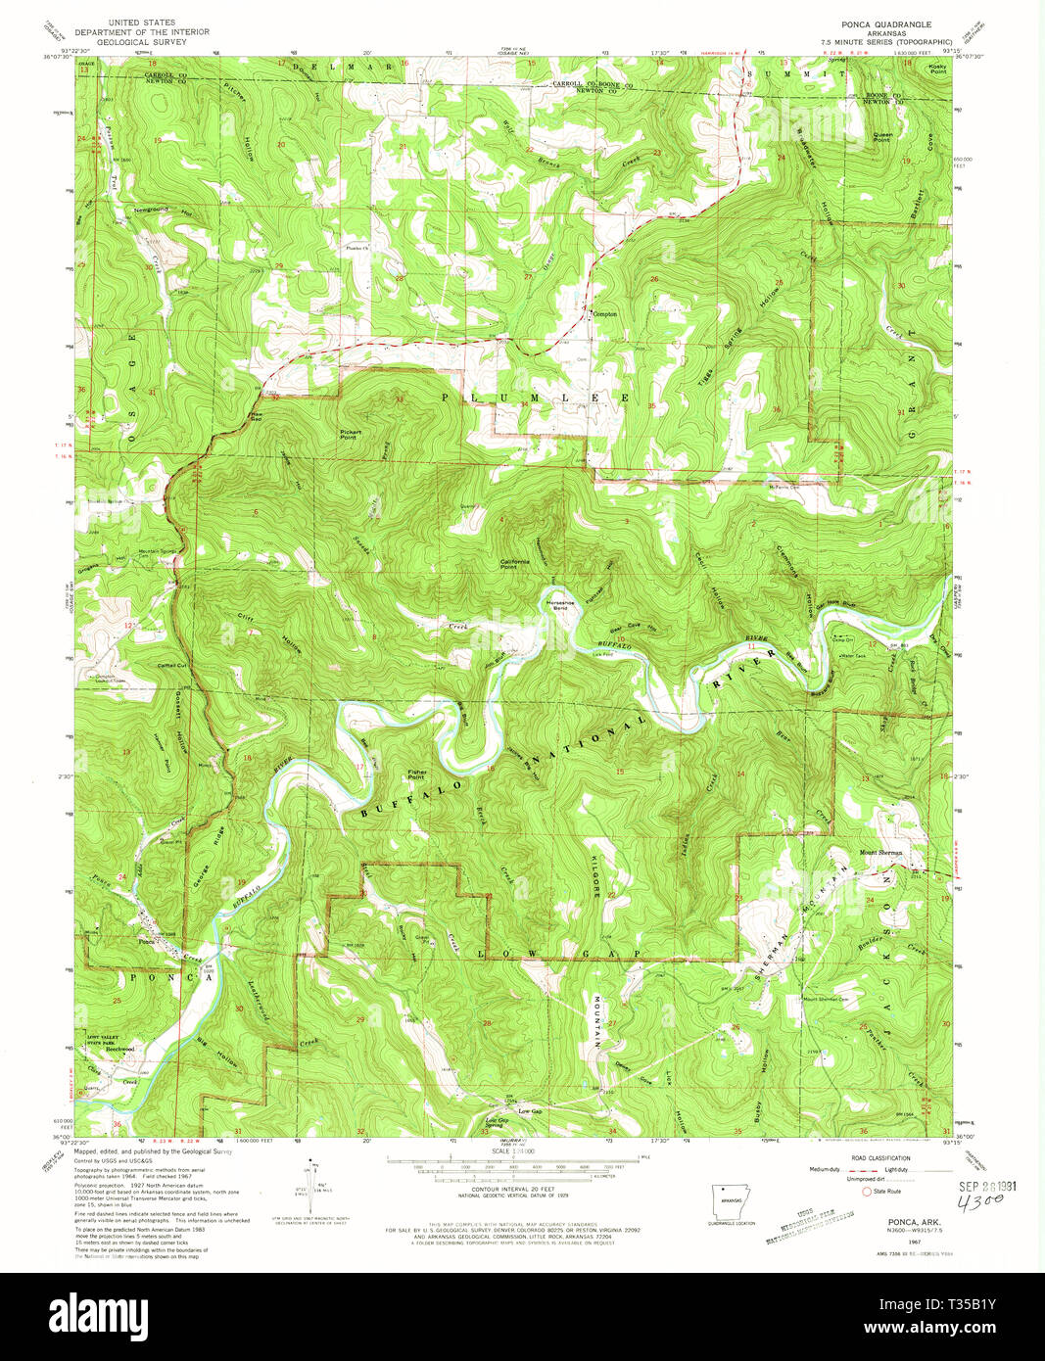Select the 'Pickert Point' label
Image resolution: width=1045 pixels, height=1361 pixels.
tap(350, 434)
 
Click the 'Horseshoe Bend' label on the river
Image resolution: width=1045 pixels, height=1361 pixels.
tap(559, 604)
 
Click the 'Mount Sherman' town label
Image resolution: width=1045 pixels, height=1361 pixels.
tap(880, 853)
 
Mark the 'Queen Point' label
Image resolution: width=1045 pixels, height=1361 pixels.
tap(882, 137)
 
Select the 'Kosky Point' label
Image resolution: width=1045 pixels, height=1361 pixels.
tap(936, 69)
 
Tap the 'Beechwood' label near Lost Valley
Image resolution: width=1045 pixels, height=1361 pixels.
tap(119, 1049)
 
